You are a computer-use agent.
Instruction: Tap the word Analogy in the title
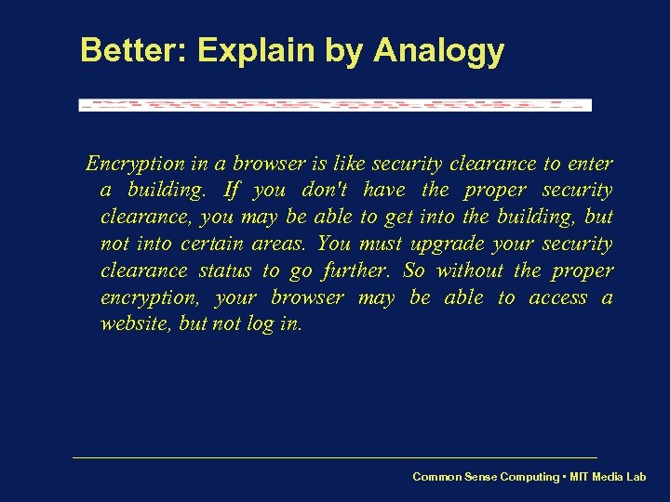[438, 52]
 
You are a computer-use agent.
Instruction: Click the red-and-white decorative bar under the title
[335, 105]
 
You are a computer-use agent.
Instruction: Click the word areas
[280, 244]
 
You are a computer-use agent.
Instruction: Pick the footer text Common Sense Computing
[486, 477]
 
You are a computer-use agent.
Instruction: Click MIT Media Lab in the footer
[609, 477]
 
